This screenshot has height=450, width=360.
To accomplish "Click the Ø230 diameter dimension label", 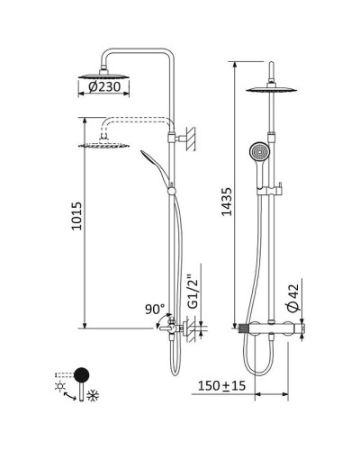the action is [x=104, y=87].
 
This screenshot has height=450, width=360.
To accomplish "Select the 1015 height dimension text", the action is [x=76, y=216].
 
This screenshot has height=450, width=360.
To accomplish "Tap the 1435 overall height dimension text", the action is [x=227, y=202].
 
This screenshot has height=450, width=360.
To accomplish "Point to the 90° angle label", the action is [x=155, y=310].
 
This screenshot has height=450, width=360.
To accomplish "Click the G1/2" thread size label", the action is [x=193, y=293].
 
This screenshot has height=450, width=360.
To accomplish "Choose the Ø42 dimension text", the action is [x=293, y=298].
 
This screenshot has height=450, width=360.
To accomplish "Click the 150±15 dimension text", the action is [x=221, y=386].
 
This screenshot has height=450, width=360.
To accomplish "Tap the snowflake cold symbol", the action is [x=93, y=396].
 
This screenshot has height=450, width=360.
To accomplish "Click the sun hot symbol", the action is [x=60, y=386].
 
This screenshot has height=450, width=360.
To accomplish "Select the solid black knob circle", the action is [x=81, y=374].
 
